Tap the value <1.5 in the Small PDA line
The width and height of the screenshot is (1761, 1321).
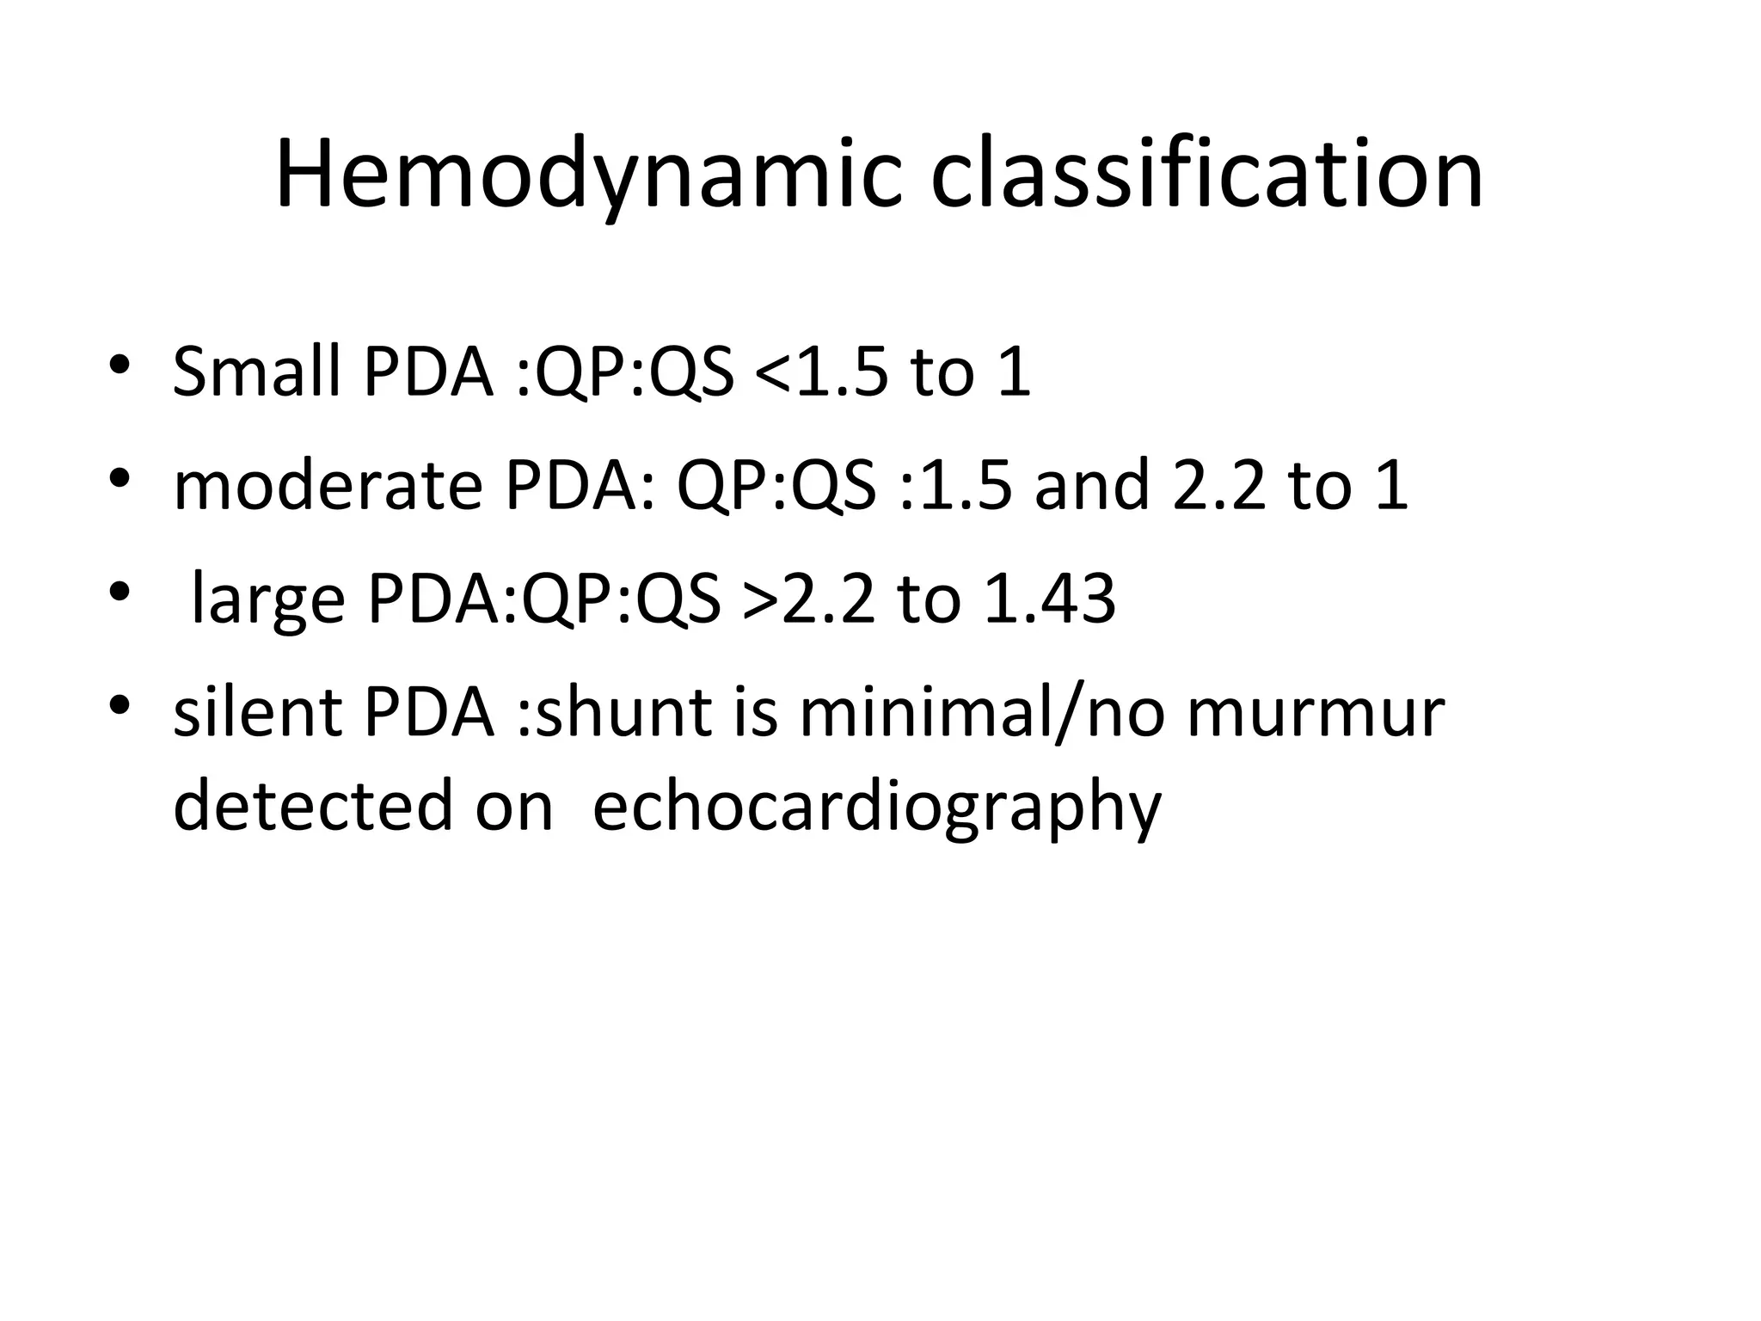820,372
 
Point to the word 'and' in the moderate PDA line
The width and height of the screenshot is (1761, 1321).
1092,486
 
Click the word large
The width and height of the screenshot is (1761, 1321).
267,599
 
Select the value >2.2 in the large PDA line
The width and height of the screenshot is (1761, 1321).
809,599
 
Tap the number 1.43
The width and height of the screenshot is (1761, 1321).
1049,599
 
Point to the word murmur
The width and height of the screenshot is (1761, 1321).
1316,713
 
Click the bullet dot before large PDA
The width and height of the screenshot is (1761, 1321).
120,592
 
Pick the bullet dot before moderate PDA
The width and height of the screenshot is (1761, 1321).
120,478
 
